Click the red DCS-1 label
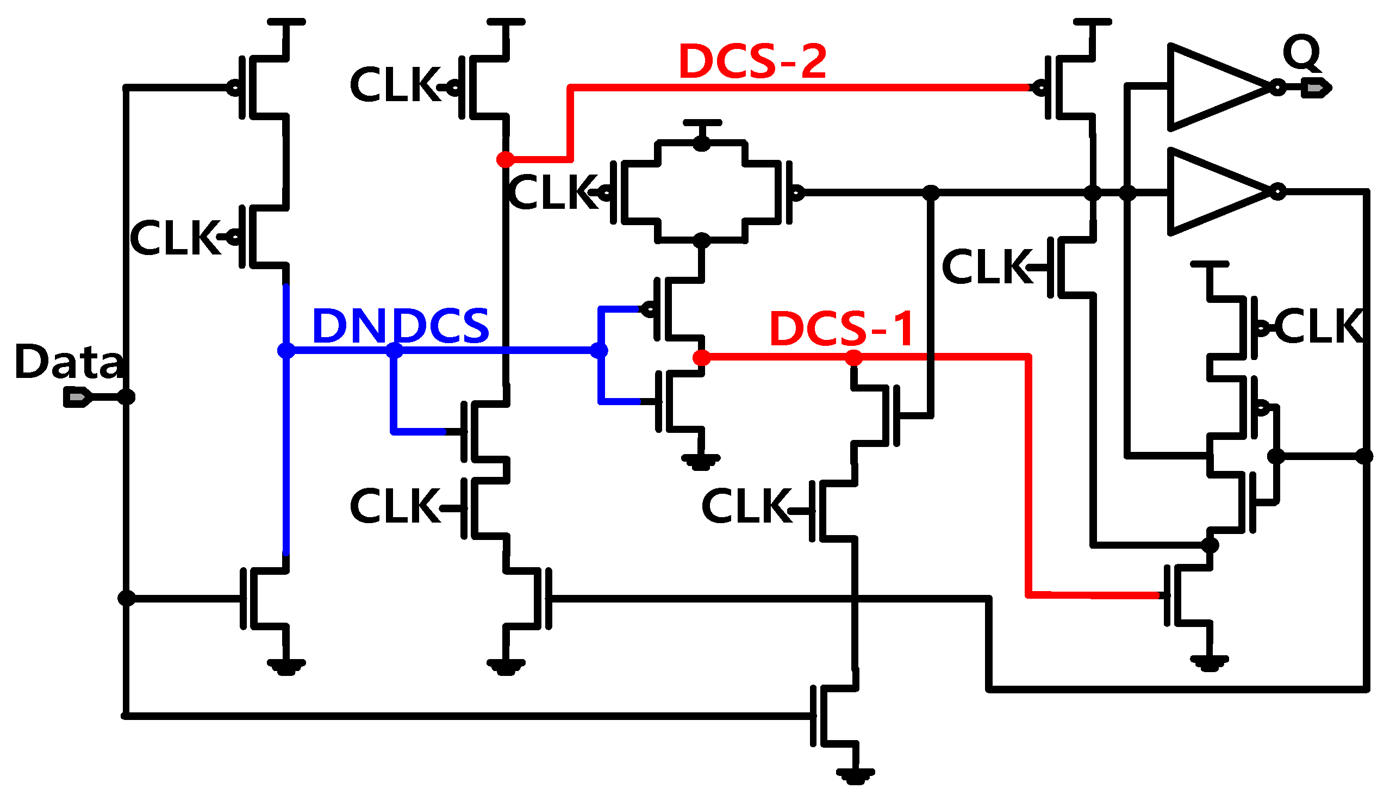(x=841, y=328)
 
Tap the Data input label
(x=68, y=362)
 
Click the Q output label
(x=1301, y=52)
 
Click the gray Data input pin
(x=78, y=396)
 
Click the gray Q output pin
(x=1316, y=88)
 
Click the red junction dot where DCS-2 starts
(x=505, y=159)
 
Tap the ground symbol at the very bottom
(x=855, y=775)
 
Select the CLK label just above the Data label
(x=175, y=238)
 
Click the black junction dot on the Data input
(x=127, y=396)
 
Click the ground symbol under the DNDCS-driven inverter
(x=701, y=461)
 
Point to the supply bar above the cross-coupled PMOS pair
(x=702, y=123)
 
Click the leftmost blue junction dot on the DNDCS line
(x=286, y=350)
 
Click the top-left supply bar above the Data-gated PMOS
(x=286, y=22)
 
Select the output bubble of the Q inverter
(x=1277, y=88)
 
